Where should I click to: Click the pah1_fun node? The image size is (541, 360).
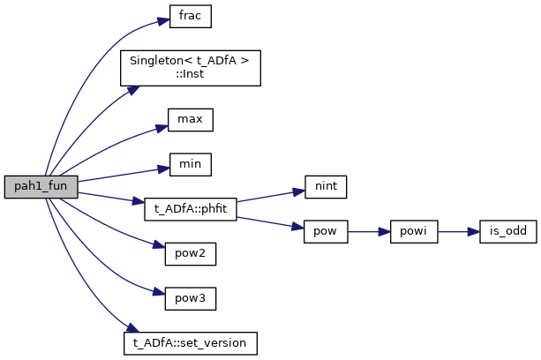41,186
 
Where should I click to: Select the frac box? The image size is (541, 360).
190,17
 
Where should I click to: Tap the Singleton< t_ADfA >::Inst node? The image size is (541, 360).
190,67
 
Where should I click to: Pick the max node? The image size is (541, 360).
190,118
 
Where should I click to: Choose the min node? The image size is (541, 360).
190,164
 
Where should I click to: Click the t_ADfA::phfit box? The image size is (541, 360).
190,210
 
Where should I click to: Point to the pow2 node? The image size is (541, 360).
190,255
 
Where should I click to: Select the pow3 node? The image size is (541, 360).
190,298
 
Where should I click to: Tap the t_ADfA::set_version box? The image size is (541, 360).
190,341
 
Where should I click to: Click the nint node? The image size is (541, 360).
326,186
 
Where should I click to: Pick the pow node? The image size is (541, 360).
326,233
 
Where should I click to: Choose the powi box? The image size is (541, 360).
413,233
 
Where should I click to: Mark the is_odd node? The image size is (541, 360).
501,233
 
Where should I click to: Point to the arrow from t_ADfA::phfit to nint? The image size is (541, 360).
269,197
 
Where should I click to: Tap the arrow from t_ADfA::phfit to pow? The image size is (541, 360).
269,222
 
